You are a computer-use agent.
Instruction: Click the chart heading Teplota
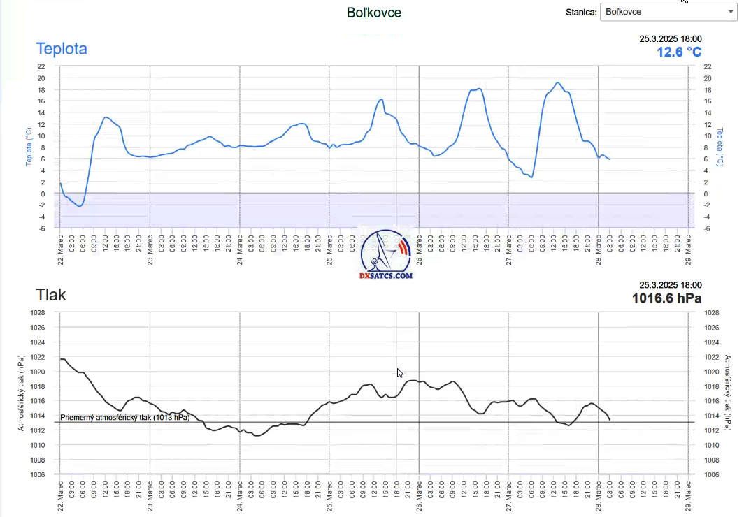(x=62, y=49)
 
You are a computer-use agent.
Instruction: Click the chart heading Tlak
(x=51, y=295)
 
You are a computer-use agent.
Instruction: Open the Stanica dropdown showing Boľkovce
(x=667, y=12)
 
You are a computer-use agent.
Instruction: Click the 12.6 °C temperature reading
(x=678, y=52)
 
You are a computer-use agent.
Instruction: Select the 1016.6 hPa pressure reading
(x=666, y=298)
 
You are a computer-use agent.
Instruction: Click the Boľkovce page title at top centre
(x=374, y=13)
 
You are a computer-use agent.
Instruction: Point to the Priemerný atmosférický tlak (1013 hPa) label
(x=124, y=418)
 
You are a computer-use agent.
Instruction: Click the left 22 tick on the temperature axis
(x=41, y=66)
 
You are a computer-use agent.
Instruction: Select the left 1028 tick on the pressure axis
(x=37, y=313)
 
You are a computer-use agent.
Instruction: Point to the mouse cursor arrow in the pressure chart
(x=399, y=372)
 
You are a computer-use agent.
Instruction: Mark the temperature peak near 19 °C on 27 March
(x=557, y=83)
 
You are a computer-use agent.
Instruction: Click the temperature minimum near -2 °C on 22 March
(x=80, y=206)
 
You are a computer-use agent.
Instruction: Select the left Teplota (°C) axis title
(x=29, y=147)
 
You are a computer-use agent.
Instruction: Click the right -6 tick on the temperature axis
(x=708, y=228)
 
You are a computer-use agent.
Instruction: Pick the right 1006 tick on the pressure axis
(x=711, y=475)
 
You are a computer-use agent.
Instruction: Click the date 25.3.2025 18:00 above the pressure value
(x=670, y=285)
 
